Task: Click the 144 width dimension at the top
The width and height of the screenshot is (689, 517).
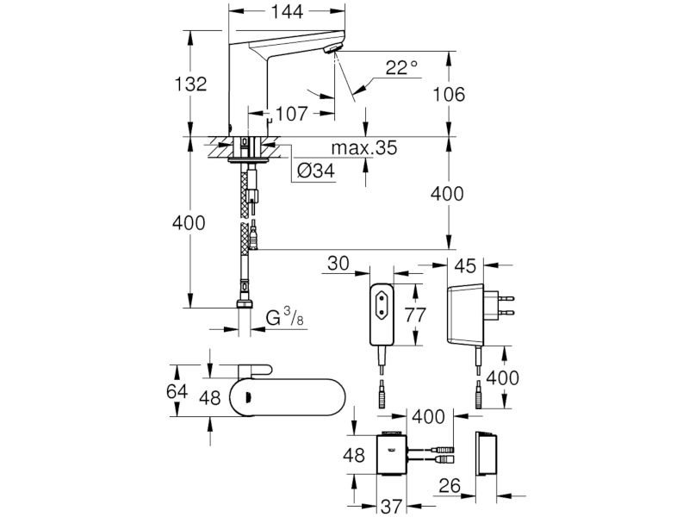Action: click(x=287, y=12)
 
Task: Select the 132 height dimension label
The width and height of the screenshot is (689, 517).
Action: click(x=190, y=84)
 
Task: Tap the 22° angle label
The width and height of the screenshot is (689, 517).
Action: click(x=401, y=68)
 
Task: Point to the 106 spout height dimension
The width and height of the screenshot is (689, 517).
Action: click(x=449, y=94)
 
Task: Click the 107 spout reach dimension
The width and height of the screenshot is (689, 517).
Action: click(x=292, y=114)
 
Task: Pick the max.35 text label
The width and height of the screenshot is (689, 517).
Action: click(x=363, y=147)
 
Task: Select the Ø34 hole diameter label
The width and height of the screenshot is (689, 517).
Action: click(x=315, y=171)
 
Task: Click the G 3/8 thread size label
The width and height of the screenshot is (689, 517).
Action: click(x=285, y=317)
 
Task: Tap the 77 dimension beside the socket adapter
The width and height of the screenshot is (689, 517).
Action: click(x=415, y=315)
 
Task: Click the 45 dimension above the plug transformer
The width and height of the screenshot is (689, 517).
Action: click(x=465, y=265)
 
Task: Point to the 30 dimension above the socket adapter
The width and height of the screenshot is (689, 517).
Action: click(x=338, y=264)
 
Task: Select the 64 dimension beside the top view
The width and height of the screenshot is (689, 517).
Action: click(x=177, y=391)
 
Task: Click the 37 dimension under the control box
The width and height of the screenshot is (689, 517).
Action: click(x=392, y=507)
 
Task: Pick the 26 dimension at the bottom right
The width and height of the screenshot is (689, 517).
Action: click(x=450, y=486)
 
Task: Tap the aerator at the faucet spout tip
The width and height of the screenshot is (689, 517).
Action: click(x=332, y=49)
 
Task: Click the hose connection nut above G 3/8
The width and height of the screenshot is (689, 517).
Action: click(x=245, y=304)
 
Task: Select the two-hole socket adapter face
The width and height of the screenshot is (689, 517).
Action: click(x=382, y=315)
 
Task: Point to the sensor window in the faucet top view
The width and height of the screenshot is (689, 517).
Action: click(x=248, y=397)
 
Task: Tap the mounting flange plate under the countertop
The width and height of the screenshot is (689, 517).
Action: click(x=248, y=160)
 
